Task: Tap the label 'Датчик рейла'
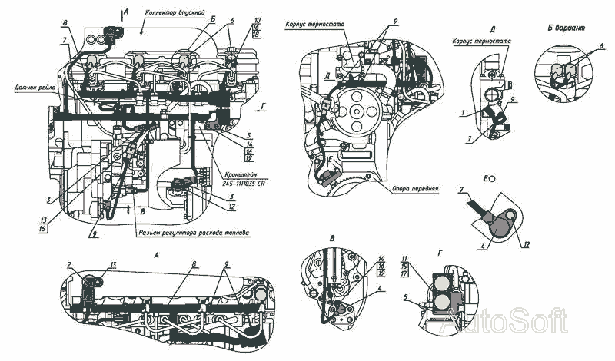pyautogui.click(x=29, y=87)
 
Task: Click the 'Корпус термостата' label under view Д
pyautogui.click(x=484, y=39)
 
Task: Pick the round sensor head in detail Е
pyautogui.click(x=499, y=223)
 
